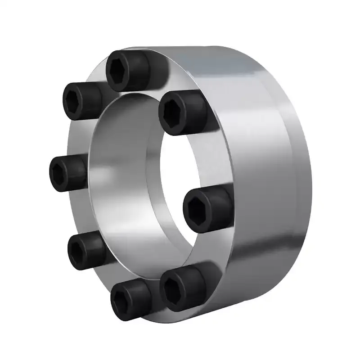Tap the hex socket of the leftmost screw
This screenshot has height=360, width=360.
pyautogui.click(x=62, y=172)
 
